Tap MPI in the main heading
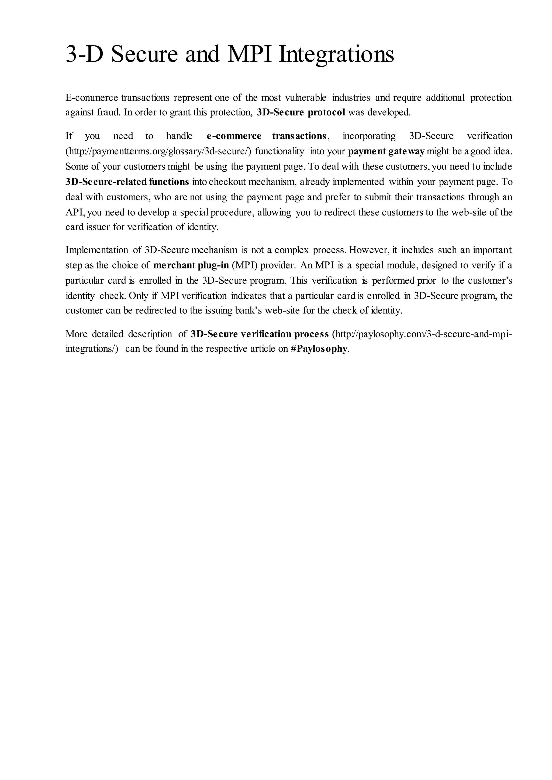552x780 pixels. pos(250,54)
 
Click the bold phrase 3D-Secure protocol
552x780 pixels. pos(301,112)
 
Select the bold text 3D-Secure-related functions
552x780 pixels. pos(127,182)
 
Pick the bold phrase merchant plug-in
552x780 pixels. pos(191,265)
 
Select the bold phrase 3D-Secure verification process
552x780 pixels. pos(259,334)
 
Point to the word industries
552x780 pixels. pos(351,98)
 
